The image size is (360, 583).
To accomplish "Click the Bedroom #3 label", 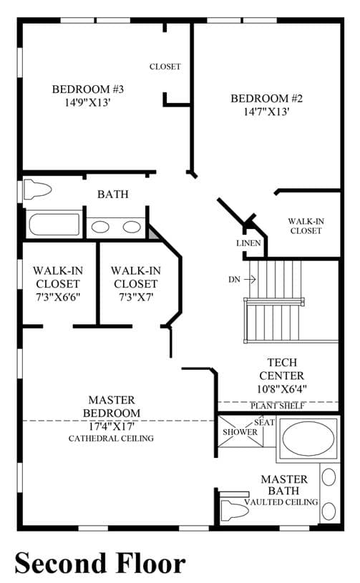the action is tap(88, 89).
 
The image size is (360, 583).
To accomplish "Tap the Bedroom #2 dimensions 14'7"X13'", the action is tap(267, 112).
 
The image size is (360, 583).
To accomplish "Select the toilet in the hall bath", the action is tap(37, 190).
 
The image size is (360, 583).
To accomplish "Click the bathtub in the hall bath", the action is tap(54, 224).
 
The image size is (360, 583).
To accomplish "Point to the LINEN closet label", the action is tap(248, 243).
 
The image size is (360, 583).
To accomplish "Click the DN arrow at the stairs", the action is tap(250, 279).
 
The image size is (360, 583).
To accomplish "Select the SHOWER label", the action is tap(240, 432).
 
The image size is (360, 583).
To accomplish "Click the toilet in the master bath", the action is tap(235, 511).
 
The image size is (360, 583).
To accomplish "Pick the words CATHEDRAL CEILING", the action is tap(111, 439).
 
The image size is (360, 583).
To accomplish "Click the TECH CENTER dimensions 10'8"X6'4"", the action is tap(281, 389).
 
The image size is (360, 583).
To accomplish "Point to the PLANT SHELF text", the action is tap(278, 406).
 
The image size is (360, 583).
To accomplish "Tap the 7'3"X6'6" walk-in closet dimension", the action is tap(58, 297).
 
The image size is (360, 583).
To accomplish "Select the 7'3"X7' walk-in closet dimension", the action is tap(136, 297).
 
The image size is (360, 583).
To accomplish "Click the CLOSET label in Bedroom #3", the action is tap(165, 67).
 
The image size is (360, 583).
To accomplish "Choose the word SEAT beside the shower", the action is tap(264, 422).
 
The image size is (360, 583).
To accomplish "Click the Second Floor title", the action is tap(100, 563).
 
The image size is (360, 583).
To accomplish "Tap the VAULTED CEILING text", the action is tap(281, 502).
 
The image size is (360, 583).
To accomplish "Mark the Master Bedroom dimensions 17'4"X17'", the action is tap(111, 426).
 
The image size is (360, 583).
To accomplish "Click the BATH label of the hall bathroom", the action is tap(113, 194).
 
